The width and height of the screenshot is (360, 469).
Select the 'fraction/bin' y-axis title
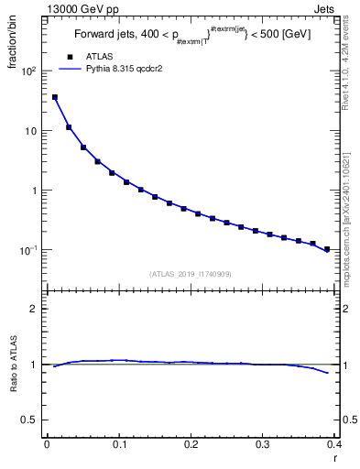[20, 46]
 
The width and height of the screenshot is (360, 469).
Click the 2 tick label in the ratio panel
[34, 309]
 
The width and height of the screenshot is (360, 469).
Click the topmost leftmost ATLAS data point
[54, 97]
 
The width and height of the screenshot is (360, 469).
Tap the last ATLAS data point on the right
[327, 248]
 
